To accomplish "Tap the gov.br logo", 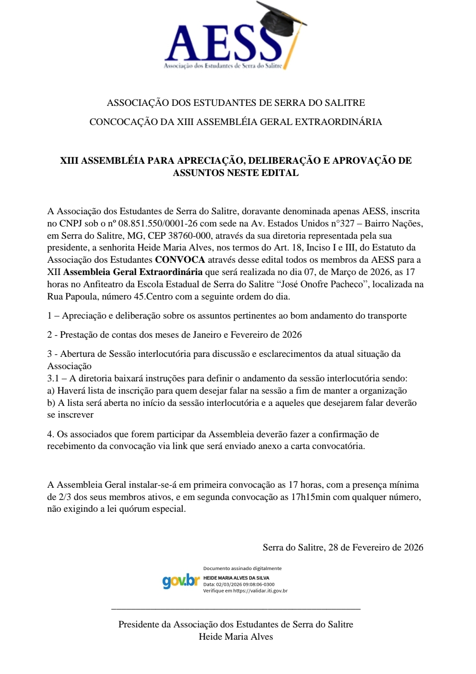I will (181, 581).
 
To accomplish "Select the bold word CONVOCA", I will (180, 260).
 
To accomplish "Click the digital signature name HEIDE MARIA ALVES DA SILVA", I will (236, 578).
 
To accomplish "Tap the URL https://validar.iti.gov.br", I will (260, 591).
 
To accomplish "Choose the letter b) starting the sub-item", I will (51, 403).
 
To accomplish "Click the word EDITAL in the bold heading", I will (283, 173).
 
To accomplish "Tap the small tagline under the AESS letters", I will (223, 66).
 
